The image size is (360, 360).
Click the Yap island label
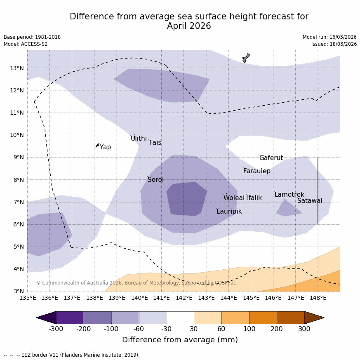(x=105, y=147)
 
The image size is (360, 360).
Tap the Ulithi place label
(x=139, y=139)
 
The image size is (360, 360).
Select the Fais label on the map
(x=155, y=143)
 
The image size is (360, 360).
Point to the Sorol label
(x=155, y=180)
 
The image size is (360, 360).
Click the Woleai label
(x=234, y=198)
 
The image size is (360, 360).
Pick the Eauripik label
(x=229, y=212)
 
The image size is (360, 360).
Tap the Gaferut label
(x=271, y=158)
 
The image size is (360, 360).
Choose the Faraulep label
(x=256, y=171)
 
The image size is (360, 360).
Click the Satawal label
(x=310, y=201)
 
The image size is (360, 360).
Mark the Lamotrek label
(x=289, y=195)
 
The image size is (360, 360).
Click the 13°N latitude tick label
(x=16, y=68)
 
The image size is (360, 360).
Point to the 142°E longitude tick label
(x=184, y=298)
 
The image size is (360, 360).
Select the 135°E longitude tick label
(x=28, y=298)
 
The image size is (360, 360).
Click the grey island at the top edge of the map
(x=246, y=58)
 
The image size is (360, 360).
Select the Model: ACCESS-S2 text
(x=26, y=44)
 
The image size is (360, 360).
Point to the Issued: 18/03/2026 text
(x=334, y=44)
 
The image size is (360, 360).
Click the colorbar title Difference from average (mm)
(x=180, y=340)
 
